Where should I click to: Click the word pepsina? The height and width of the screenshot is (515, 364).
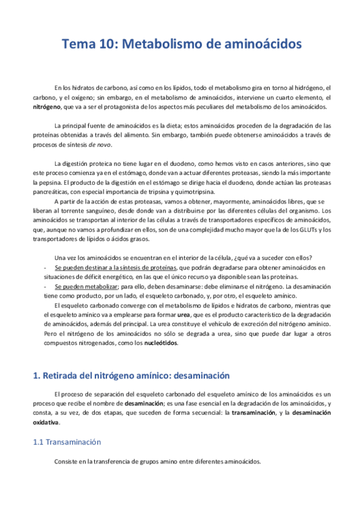pos(80,181)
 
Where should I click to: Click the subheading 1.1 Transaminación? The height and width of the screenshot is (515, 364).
pos(67,426)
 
